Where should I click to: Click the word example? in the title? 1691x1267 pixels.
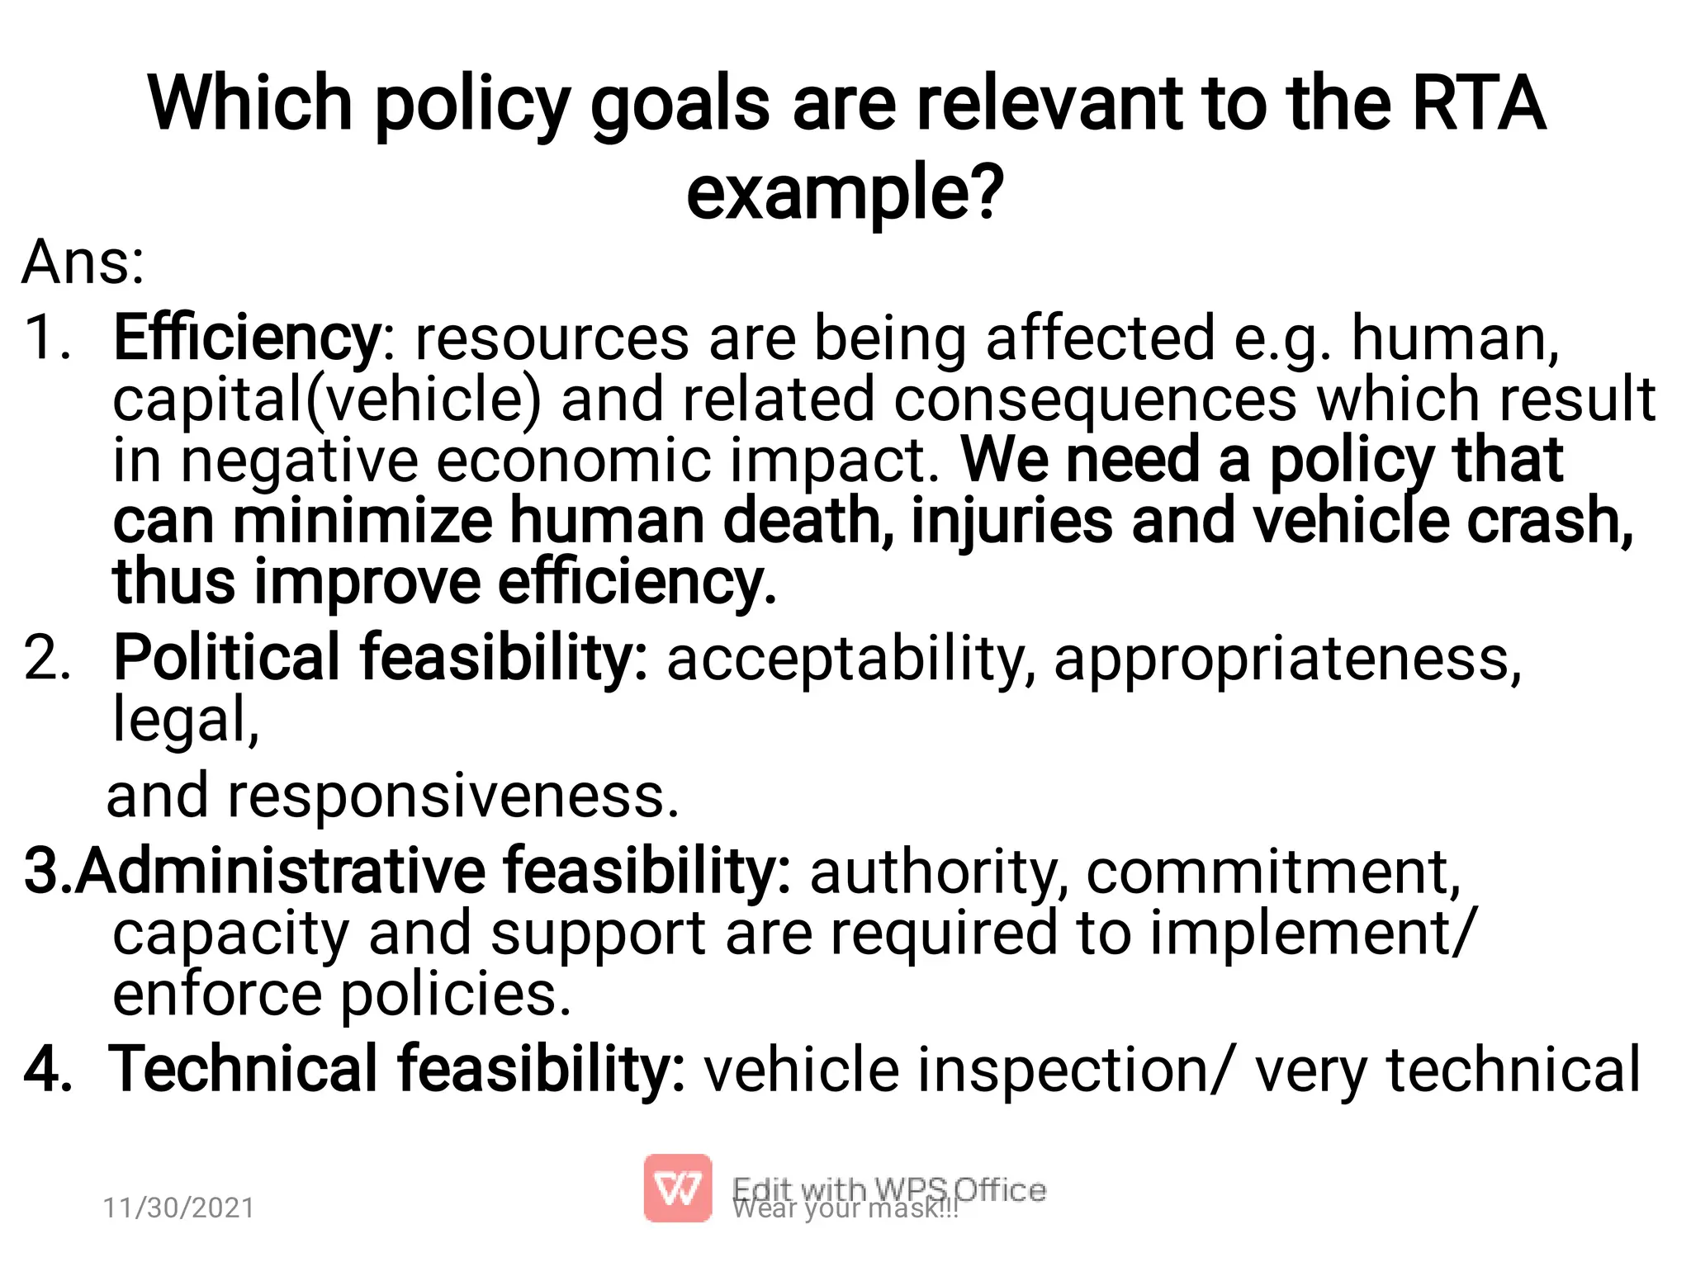pyautogui.click(x=845, y=192)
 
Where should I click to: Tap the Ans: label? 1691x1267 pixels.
pyautogui.click(x=83, y=262)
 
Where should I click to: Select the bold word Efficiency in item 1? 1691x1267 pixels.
pyautogui.click(x=246, y=338)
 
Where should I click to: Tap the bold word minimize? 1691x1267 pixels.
pyautogui.click(x=362, y=521)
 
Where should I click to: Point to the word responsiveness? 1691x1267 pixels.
pyautogui.click(x=452, y=796)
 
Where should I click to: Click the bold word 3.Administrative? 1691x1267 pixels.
pyautogui.click(x=255, y=872)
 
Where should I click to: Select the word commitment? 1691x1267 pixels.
pyautogui.click(x=1272, y=872)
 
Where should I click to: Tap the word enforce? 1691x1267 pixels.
pyautogui.click(x=216, y=994)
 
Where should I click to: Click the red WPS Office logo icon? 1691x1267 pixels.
pyautogui.click(x=678, y=1188)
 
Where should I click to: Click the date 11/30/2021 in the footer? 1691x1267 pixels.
pyautogui.click(x=178, y=1208)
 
